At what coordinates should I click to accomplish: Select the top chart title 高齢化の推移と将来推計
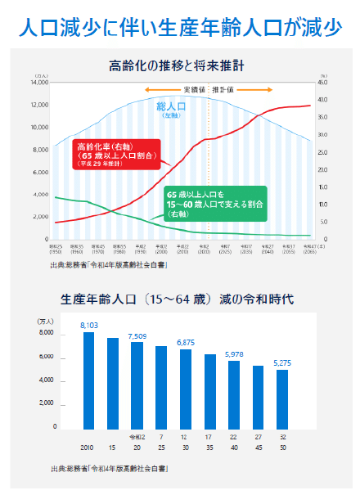[180, 64]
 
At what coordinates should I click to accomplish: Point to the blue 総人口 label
[172, 107]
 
